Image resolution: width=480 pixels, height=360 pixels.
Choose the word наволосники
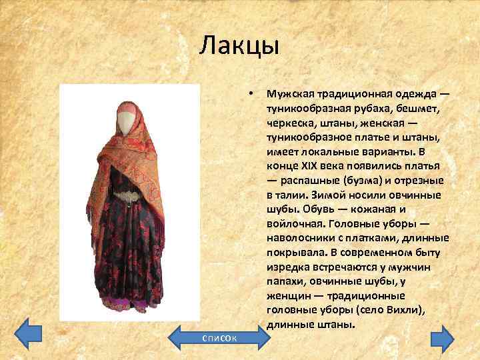pos(299,239)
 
